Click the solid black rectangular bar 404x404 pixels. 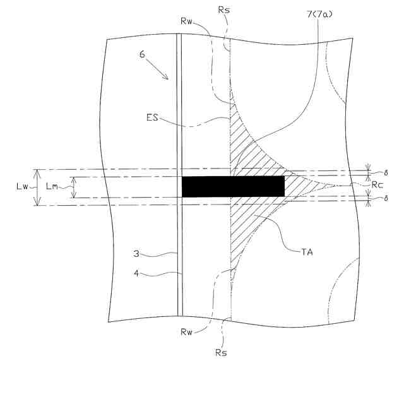pyautogui.click(x=233, y=186)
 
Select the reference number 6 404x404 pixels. pyautogui.click(x=142, y=55)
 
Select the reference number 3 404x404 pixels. pyautogui.click(x=136, y=254)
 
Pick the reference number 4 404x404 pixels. pyautogui.click(x=136, y=274)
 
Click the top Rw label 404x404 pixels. pyautogui.click(x=185, y=20)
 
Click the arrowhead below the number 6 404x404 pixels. pyautogui.click(x=167, y=78)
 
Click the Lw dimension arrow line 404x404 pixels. pyautogui.click(x=37, y=187)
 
